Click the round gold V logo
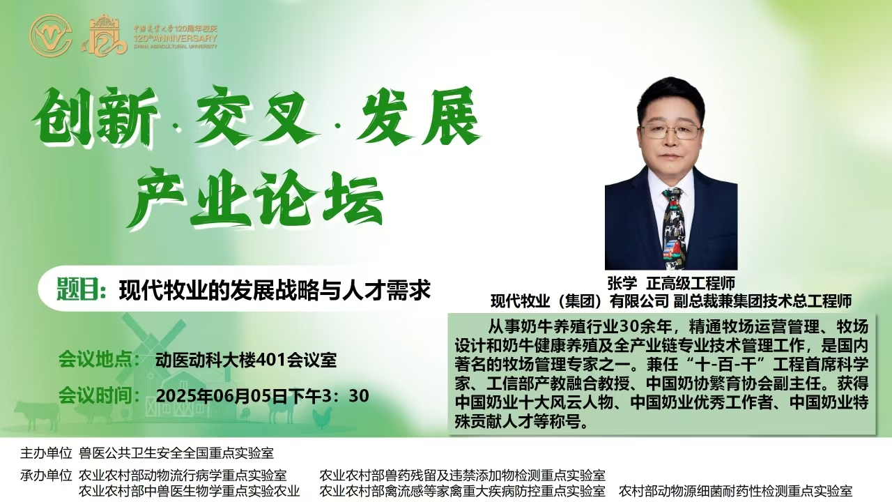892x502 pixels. [x=51, y=35]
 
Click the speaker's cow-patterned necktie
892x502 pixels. [x=672, y=228]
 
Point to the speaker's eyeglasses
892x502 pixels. [x=671, y=132]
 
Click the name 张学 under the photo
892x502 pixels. [x=622, y=283]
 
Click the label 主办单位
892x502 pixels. [x=46, y=453]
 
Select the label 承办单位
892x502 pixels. [x=46, y=475]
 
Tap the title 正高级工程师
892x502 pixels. [x=690, y=283]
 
